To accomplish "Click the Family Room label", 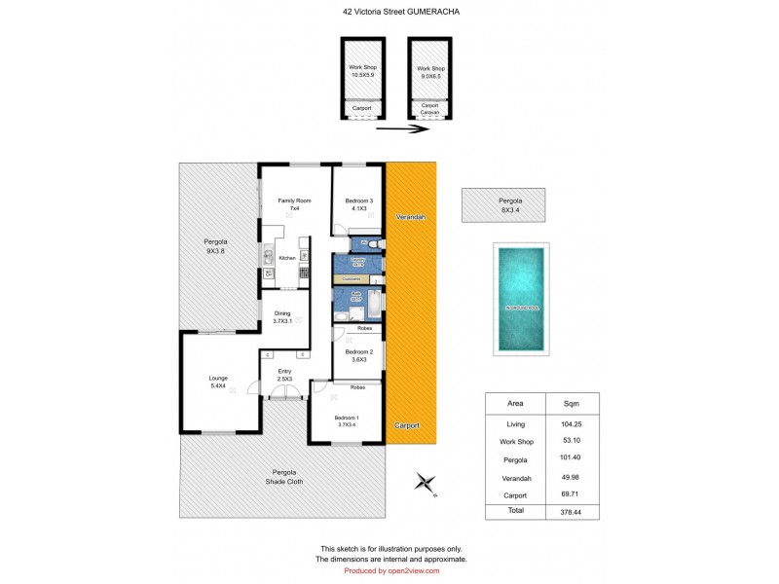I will pyautogui.click(x=294, y=204).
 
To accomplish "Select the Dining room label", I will pyautogui.click(x=282, y=316).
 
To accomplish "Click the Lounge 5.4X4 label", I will pyautogui.click(x=218, y=382).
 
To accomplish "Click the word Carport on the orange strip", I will pyautogui.click(x=408, y=426).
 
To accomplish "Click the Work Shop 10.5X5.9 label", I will pyautogui.click(x=362, y=71).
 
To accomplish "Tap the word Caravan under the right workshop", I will pyautogui.click(x=430, y=113).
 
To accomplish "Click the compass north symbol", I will pyautogui.click(x=424, y=482).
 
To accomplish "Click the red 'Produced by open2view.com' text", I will pyautogui.click(x=389, y=570).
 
